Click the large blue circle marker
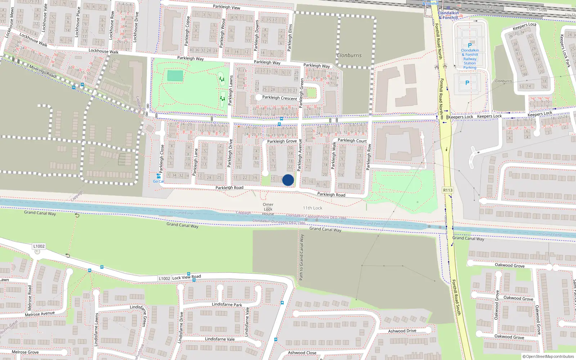click(288, 180)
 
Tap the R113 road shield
click(448, 190)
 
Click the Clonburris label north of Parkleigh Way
click(349, 55)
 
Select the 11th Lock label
click(312, 208)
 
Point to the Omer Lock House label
click(268, 209)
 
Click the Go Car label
click(158, 181)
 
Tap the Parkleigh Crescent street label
click(280, 98)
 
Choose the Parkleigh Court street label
click(352, 141)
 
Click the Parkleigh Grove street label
click(282, 141)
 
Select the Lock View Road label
click(186, 277)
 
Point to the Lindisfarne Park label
click(227, 305)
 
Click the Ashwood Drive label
click(402, 331)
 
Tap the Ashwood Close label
click(302, 353)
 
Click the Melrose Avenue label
click(40, 314)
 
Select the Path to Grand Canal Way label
click(302, 257)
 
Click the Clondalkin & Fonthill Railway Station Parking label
click(470, 59)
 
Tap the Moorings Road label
click(42, 71)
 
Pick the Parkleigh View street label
click(226, 7)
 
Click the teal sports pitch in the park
click(175, 76)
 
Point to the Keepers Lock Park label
click(565, 51)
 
